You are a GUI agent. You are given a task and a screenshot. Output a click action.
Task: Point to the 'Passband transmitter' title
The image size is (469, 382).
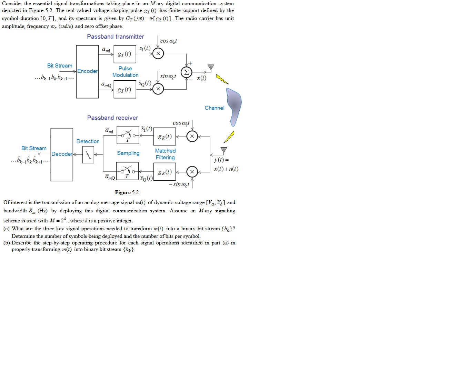coord(116,37)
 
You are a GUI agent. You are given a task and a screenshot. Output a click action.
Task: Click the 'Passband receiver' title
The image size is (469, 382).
coord(112,118)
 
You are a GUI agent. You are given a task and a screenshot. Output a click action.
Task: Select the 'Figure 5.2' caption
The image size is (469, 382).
coord(127,192)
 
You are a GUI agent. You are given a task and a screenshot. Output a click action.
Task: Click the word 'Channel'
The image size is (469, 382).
coord(214,108)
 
